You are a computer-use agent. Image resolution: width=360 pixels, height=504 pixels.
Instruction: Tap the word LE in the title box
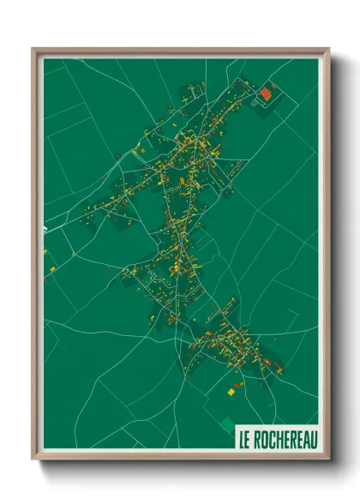pos(245,440)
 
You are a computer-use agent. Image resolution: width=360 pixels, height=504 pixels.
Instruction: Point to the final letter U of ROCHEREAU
pos(312,440)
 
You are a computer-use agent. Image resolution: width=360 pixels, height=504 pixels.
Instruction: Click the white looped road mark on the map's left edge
pos(44,229)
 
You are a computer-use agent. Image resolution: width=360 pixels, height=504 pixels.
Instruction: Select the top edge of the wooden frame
pos(180,51)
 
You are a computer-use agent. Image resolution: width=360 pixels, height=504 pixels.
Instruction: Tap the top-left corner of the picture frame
pos(33,50)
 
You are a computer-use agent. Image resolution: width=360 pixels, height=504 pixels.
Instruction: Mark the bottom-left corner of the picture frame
pos(33,459)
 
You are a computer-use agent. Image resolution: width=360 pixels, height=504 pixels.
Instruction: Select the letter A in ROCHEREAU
pos(304,440)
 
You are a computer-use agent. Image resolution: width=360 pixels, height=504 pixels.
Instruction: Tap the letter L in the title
pos(243,440)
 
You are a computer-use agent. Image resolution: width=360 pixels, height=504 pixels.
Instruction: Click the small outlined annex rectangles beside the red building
pos(258,101)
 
